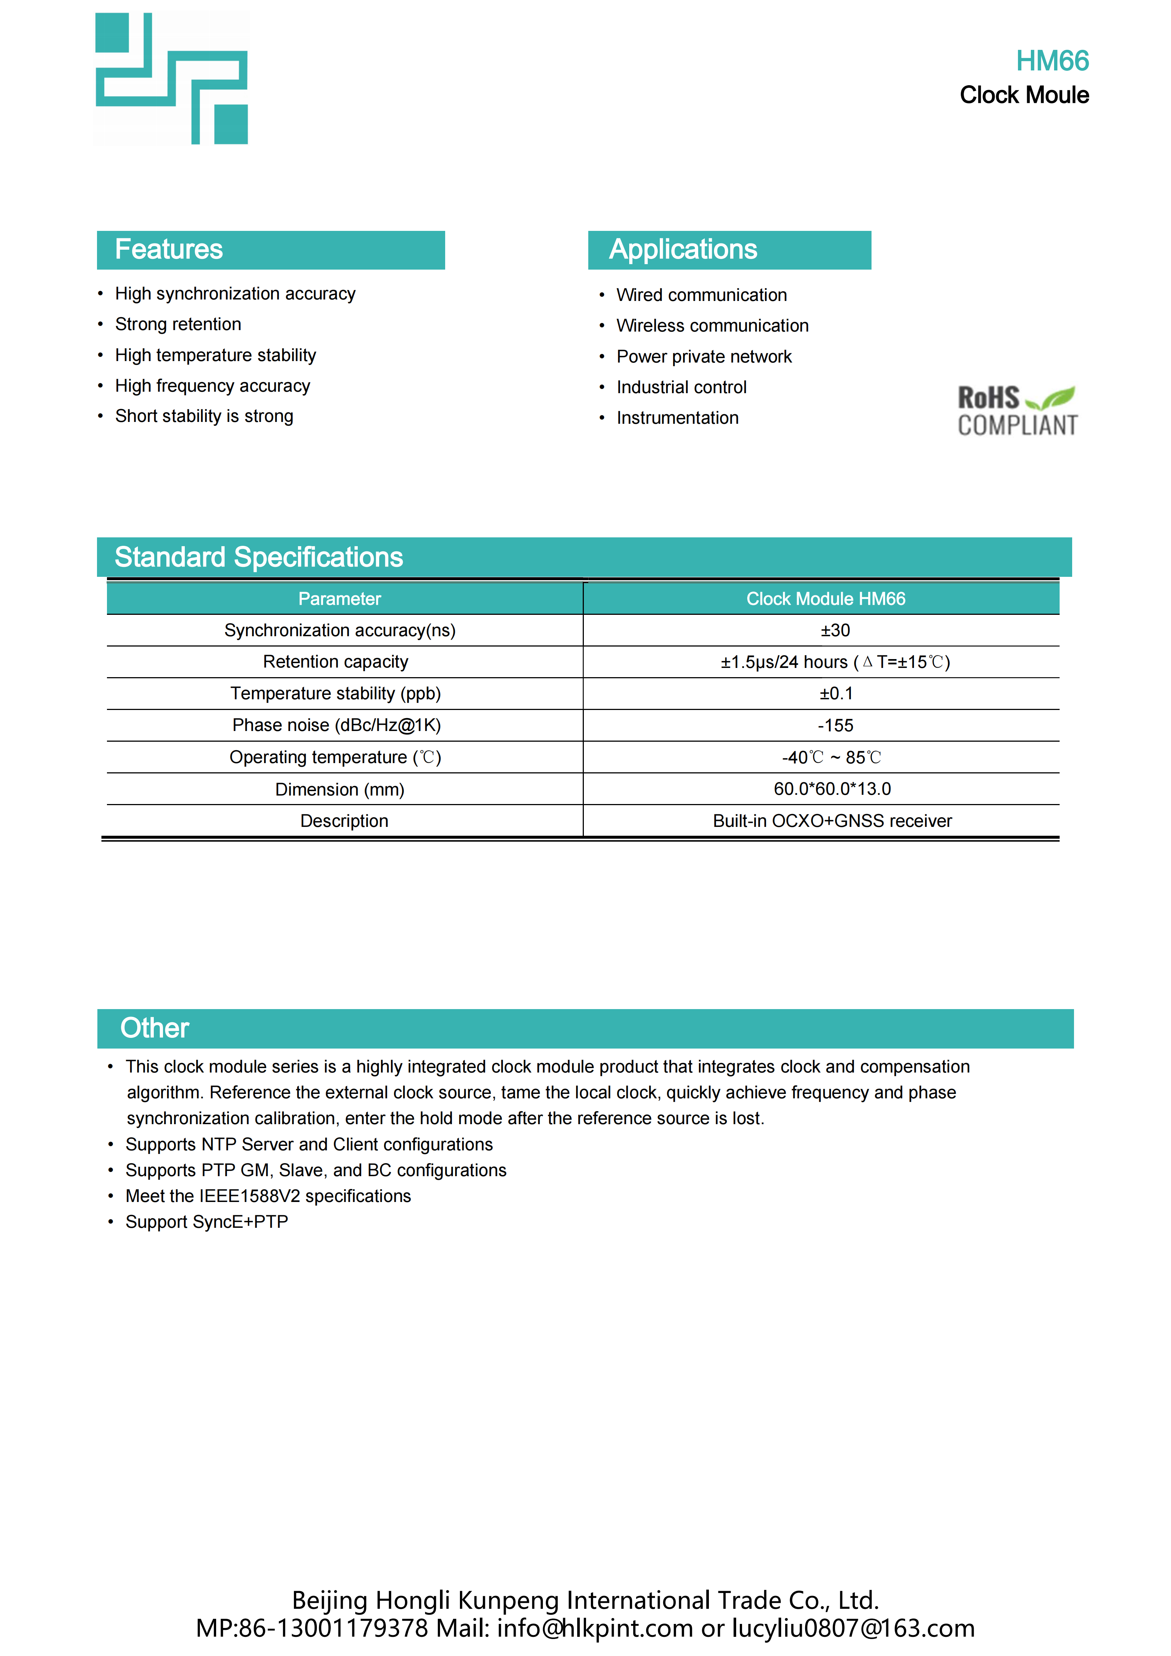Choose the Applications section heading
pyautogui.click(x=683, y=250)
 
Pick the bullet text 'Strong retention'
pyautogui.click(x=178, y=325)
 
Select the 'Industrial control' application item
pyautogui.click(x=682, y=387)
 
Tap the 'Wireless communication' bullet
pyautogui.click(x=713, y=326)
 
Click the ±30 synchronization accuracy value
pyautogui.click(x=835, y=630)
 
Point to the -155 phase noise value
pyautogui.click(x=835, y=725)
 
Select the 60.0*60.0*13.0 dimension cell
pyautogui.click(x=832, y=789)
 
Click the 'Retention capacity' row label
pyautogui.click(x=335, y=662)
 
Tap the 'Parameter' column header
pyautogui.click(x=340, y=599)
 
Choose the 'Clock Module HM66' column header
pyautogui.click(x=826, y=599)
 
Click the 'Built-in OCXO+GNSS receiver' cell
pyautogui.click(x=832, y=821)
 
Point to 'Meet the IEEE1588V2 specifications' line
pyautogui.click(x=268, y=1196)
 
